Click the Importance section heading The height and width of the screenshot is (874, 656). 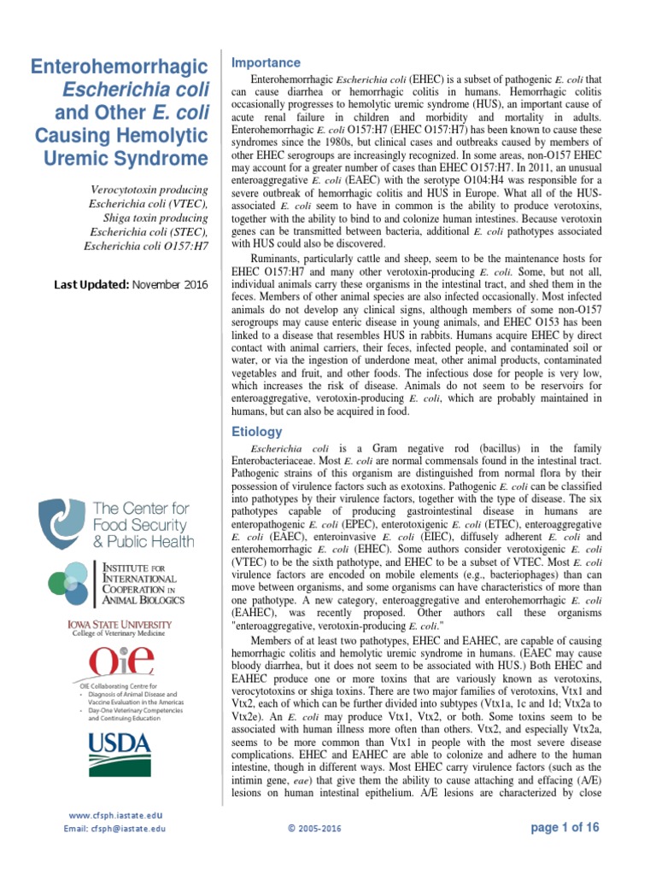[x=266, y=62]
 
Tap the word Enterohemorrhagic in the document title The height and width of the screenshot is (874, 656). [x=120, y=67]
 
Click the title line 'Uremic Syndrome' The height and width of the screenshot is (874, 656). [x=138, y=159]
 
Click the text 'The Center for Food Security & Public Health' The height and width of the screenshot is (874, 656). [x=142, y=525]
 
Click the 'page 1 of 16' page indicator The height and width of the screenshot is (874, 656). [x=565, y=827]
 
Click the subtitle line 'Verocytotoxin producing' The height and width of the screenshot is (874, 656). [x=149, y=189]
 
